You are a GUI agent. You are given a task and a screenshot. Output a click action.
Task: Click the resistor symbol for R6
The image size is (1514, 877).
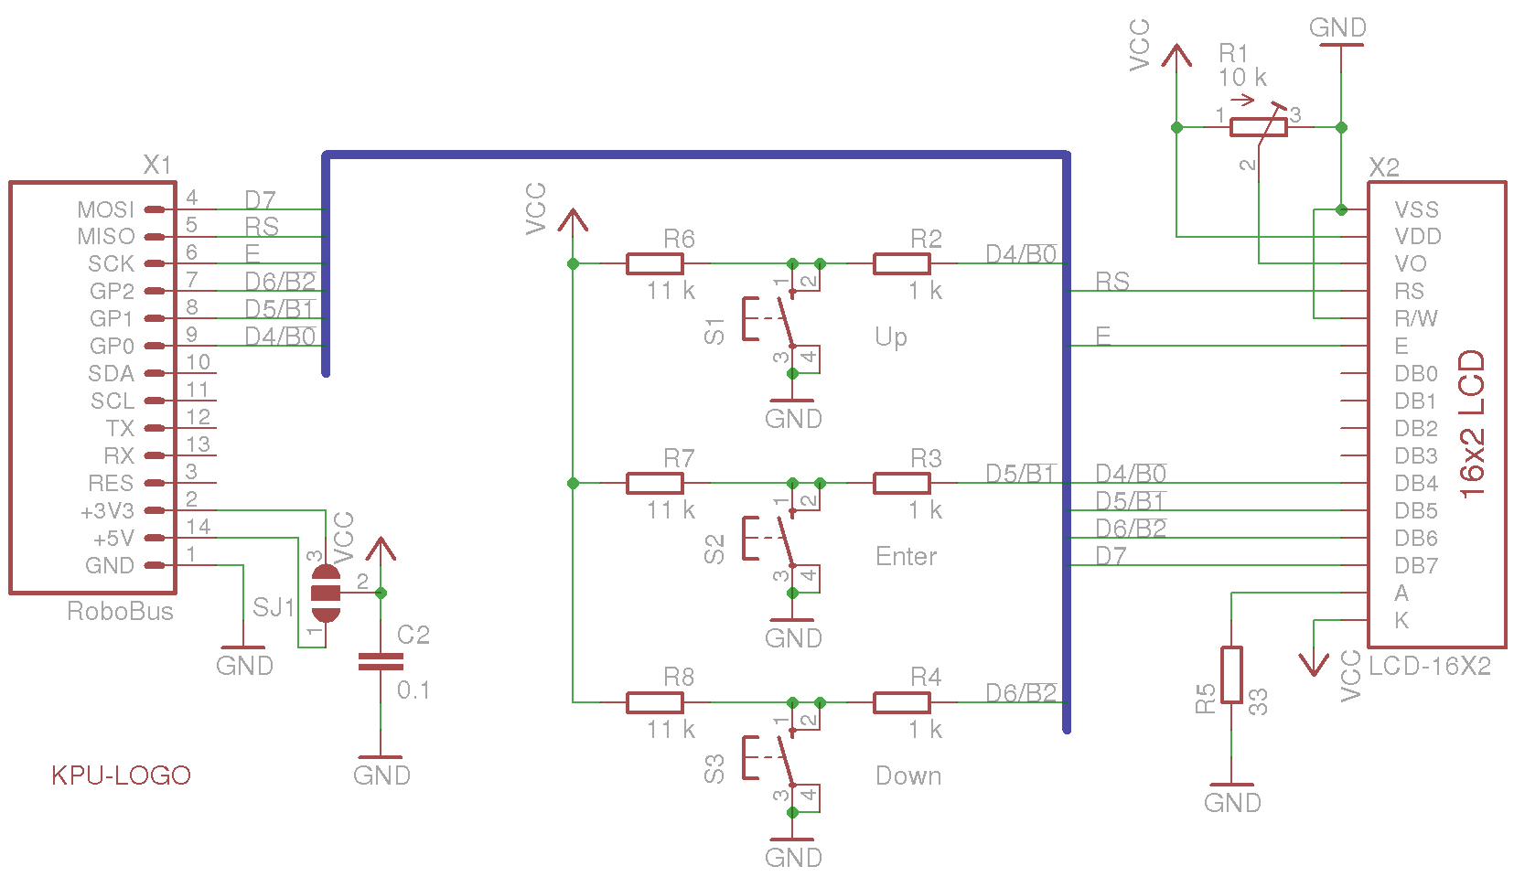coord(654,264)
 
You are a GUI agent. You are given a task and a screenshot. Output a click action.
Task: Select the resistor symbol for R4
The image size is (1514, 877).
coord(901,703)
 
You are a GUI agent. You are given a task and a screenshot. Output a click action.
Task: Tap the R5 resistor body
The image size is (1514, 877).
coord(1231,675)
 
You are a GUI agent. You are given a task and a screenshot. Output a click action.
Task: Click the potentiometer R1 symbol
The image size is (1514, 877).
coord(1259,127)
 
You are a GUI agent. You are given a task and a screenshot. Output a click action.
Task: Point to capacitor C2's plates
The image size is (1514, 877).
coord(381,662)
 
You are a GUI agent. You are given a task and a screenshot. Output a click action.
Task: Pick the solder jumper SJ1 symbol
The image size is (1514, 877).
coord(326,593)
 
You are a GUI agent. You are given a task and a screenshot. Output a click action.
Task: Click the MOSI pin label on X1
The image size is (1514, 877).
coord(105,210)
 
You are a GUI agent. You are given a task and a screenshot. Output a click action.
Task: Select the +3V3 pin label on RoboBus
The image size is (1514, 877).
coord(108,511)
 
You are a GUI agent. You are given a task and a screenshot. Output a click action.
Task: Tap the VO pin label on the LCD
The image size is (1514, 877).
coord(1411,264)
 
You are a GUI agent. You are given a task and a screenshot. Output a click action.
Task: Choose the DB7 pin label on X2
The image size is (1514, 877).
coord(1416,566)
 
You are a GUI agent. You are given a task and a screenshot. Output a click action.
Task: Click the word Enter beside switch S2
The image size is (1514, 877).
coord(906,556)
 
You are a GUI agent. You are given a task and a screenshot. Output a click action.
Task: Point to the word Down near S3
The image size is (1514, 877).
coord(907,775)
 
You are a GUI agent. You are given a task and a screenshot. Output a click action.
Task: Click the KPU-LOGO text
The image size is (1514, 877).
coord(121,775)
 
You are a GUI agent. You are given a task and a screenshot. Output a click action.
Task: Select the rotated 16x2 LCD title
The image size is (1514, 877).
coord(1472,423)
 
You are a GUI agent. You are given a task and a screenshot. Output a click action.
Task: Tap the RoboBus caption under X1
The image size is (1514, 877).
coord(120,611)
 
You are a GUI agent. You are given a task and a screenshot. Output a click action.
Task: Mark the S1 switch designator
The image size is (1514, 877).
coord(714,331)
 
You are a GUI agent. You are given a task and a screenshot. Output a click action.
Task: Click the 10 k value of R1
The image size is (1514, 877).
coord(1241,78)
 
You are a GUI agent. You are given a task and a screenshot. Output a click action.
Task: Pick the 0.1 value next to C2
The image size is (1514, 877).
coord(413,690)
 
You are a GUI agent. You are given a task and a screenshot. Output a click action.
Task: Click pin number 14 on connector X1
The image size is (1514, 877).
coord(199,527)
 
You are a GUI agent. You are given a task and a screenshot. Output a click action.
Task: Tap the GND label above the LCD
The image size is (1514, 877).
coord(1337,28)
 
